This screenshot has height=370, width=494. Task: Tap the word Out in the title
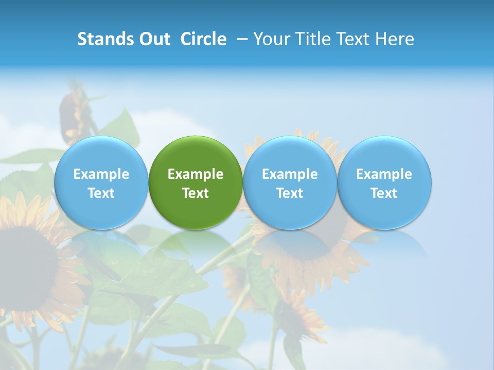154,39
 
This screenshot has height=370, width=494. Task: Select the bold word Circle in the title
203,39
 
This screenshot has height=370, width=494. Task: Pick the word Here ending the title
395,39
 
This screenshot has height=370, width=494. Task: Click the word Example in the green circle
196,174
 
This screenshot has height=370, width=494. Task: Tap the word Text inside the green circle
196,193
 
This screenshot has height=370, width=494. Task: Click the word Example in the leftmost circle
101,174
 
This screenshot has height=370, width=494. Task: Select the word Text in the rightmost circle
384,193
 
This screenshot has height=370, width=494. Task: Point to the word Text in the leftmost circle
101,193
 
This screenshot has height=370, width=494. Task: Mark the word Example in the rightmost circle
384,174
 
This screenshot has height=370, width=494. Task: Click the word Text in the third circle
290,193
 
